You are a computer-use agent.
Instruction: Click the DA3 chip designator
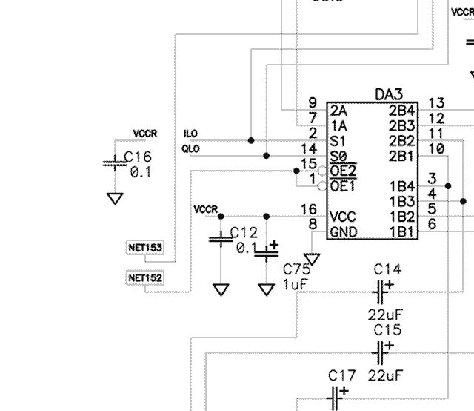pos(389,94)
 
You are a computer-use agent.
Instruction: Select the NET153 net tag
pos(145,247)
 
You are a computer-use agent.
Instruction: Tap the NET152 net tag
pos(145,278)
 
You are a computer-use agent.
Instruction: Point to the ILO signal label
pos(190,134)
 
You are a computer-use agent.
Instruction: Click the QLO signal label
pos(190,149)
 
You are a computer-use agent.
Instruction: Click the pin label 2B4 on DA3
pos(402,110)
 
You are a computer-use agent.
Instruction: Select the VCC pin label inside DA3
pos(344,217)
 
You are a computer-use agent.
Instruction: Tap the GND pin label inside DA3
pos(344,231)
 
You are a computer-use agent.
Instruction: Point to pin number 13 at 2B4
pos(436,103)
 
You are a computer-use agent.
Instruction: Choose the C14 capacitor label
pos(387,269)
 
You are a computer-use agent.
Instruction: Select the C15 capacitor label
pos(387,329)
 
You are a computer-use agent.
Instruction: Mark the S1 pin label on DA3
pos(338,140)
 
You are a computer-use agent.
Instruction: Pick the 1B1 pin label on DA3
pos(402,231)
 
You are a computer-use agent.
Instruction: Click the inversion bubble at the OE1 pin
pos(322,185)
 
